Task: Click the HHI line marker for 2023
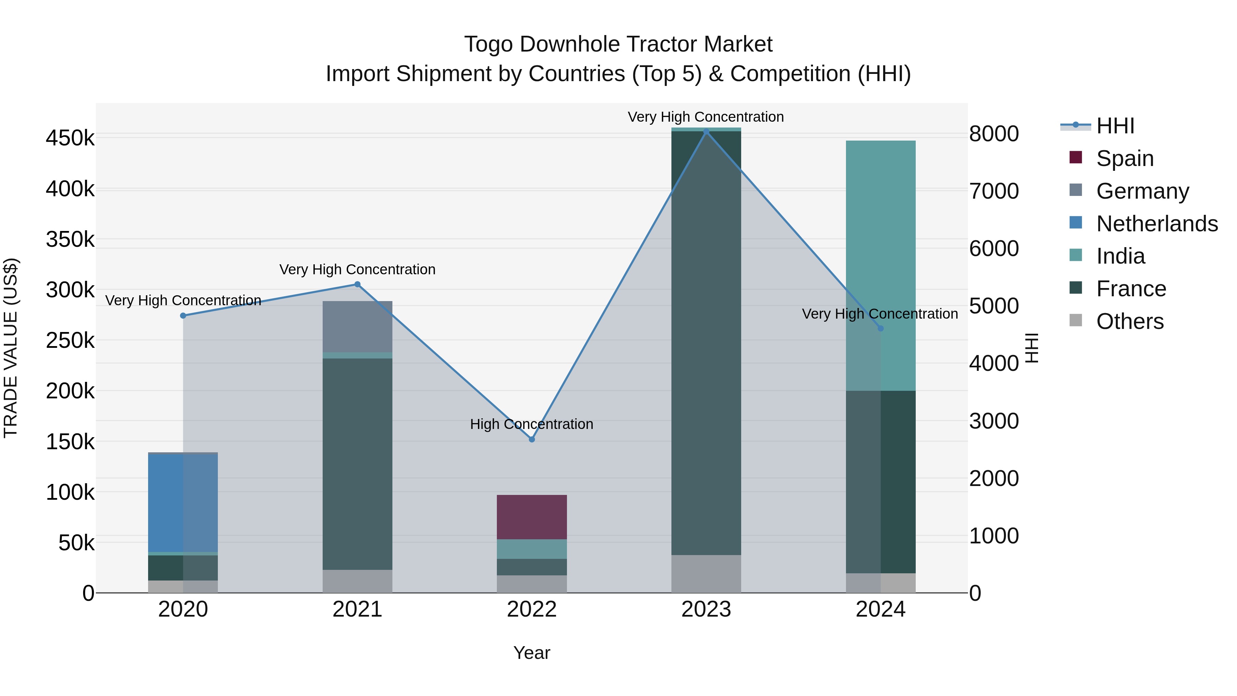(706, 131)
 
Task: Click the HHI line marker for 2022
(532, 439)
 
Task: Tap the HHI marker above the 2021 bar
(357, 284)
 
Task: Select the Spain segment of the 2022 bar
(532, 517)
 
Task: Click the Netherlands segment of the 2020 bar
(183, 503)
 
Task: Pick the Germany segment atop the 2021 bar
(357, 327)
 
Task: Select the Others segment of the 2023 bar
(706, 574)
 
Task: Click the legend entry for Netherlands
(1157, 224)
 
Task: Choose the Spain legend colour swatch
(1076, 157)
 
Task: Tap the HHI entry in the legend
(1115, 126)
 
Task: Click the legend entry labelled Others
(1129, 321)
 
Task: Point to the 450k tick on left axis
(70, 138)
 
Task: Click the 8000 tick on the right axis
(993, 134)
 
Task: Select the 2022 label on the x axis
(532, 609)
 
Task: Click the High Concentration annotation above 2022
(532, 424)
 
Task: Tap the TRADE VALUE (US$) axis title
(11, 348)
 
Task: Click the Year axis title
(532, 653)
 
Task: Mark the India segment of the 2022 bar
(532, 549)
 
